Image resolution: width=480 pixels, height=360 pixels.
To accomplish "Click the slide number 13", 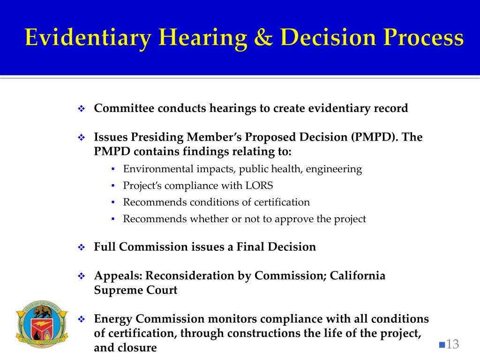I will pos(452,345).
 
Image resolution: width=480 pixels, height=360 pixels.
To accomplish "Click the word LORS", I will pos(259,186).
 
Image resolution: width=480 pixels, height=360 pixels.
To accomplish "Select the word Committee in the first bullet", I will pos(124,108).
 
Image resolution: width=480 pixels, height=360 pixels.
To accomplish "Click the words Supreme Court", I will pos(135,290).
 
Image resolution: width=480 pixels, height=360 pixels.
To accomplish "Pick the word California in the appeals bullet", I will pos(358,276).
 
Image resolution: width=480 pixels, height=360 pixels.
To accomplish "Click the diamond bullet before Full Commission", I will pos(81,247).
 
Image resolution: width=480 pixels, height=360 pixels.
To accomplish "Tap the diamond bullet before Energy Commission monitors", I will pos(81,319).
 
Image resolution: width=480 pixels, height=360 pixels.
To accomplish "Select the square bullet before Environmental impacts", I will pos(113,169).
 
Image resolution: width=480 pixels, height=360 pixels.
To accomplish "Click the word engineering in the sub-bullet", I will pos(334,169).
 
